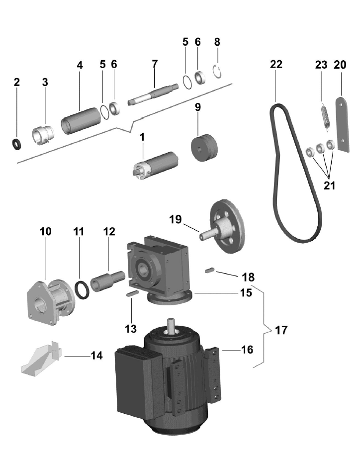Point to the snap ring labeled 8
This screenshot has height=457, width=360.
pos(217,72)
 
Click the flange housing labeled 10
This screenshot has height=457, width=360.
pos(49,303)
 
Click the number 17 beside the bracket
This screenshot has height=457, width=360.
pos(281,330)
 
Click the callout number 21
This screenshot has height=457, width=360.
pos(329,186)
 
